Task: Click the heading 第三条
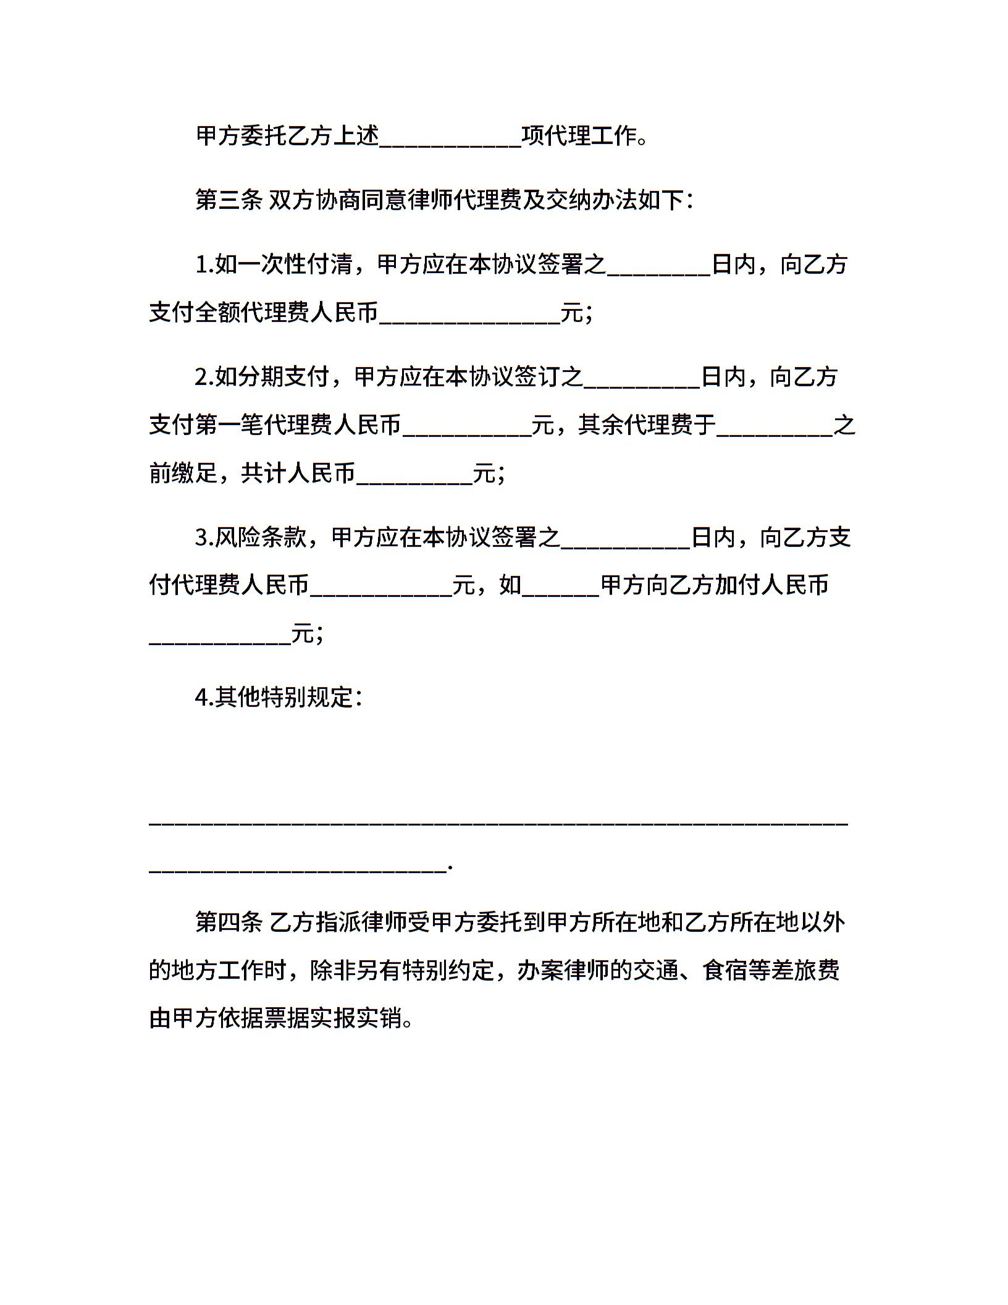pyautogui.click(x=229, y=200)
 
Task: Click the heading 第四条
pyautogui.click(x=229, y=922)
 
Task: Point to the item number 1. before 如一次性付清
pyautogui.click(x=204, y=265)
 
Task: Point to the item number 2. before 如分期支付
pyautogui.click(x=204, y=376)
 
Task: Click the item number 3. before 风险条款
pyautogui.click(x=204, y=537)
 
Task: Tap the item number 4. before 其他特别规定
pyautogui.click(x=204, y=698)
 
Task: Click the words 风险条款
pyautogui.click(x=260, y=537)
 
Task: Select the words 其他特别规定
pyautogui.click(x=283, y=698)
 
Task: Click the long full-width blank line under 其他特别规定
pyautogui.click(x=498, y=823)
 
